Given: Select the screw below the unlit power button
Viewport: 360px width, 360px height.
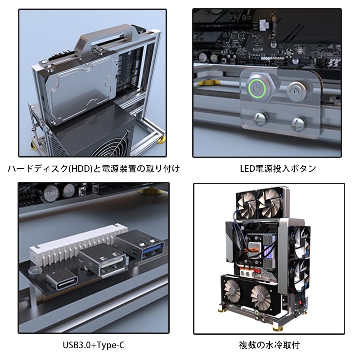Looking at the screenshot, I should point(297,121).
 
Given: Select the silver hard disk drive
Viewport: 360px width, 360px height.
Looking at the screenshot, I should point(79,90).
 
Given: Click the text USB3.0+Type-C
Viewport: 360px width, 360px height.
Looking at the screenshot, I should point(93,345).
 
